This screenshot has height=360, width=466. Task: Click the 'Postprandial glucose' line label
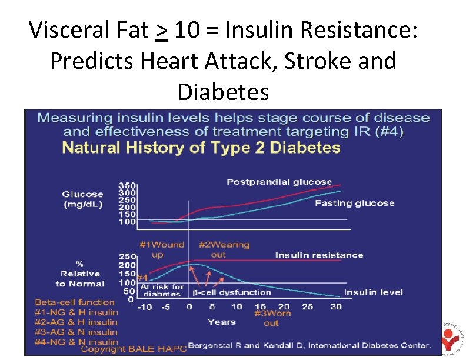(279, 182)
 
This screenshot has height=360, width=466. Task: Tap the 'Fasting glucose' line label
(354, 203)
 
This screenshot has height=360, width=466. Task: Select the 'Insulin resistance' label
(319, 255)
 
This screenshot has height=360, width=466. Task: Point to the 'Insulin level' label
(372, 292)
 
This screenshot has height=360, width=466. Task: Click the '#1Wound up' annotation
(161, 249)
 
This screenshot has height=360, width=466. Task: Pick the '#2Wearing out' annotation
(224, 249)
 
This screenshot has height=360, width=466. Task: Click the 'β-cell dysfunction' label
(232, 292)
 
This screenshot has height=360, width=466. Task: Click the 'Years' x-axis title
(221, 322)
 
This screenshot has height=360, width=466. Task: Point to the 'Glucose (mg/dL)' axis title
(82, 199)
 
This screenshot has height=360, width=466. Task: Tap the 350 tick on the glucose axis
(127, 185)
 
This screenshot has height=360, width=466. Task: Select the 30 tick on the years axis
(335, 307)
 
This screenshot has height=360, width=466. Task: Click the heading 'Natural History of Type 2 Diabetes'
(201, 147)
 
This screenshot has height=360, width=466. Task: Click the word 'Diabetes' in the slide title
(223, 92)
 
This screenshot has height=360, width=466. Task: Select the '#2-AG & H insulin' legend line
(76, 322)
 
